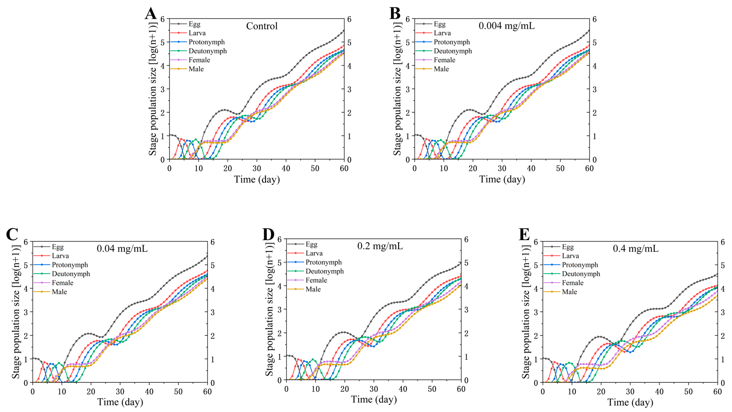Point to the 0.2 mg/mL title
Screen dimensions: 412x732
click(380, 246)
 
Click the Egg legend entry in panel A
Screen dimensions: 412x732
click(194, 24)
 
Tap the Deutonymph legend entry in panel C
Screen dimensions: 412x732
click(71, 274)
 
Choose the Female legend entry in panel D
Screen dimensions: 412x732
click(316, 280)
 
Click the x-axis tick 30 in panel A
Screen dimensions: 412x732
click(257, 168)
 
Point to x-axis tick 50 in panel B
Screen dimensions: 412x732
click(560, 168)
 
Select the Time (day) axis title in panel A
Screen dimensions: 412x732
click(257, 179)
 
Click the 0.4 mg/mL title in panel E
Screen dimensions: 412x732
click(635, 249)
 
